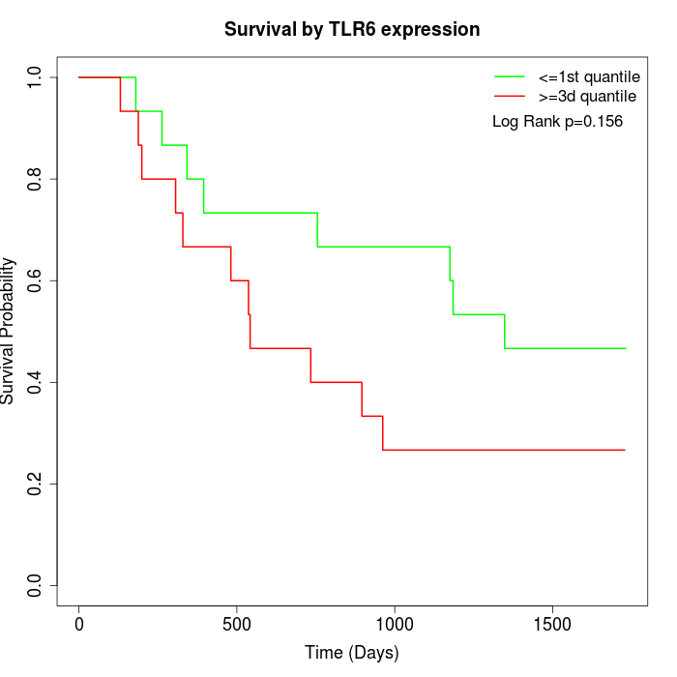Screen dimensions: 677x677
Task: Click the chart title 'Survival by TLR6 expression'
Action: pyautogui.click(x=352, y=29)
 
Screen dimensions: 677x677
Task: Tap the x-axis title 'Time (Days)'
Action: pyautogui.click(x=352, y=653)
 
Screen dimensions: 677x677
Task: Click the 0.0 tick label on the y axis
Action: pyautogui.click(x=36, y=585)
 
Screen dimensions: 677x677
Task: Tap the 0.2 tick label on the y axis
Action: pyautogui.click(x=36, y=484)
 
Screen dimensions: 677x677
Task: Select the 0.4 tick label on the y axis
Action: pyautogui.click(x=36, y=382)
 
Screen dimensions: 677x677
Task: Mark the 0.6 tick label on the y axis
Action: pyautogui.click(x=36, y=280)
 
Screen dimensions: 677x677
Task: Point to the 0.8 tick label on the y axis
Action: pyautogui.click(x=36, y=179)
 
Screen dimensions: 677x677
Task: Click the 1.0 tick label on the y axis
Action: pyautogui.click(x=36, y=77)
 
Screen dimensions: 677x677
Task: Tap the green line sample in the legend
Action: pyautogui.click(x=510, y=76)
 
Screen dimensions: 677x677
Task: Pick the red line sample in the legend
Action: pyautogui.click(x=510, y=97)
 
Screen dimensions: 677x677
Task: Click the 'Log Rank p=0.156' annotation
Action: pyautogui.click(x=557, y=122)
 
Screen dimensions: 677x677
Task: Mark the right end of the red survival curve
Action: pyautogui.click(x=625, y=450)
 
